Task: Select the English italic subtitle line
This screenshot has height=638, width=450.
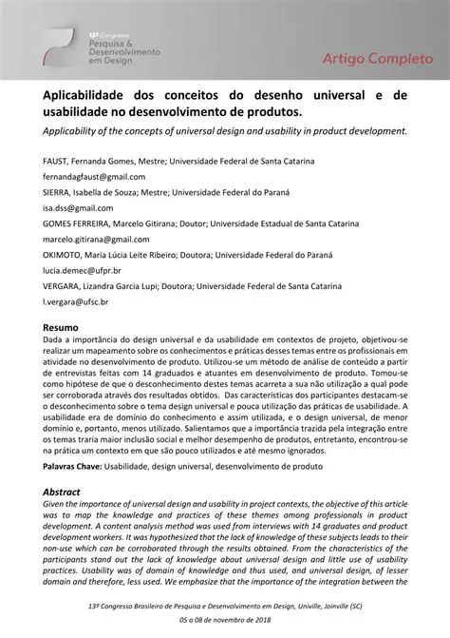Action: [x=224, y=129]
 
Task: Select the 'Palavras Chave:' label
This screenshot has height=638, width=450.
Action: [x=75, y=468]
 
